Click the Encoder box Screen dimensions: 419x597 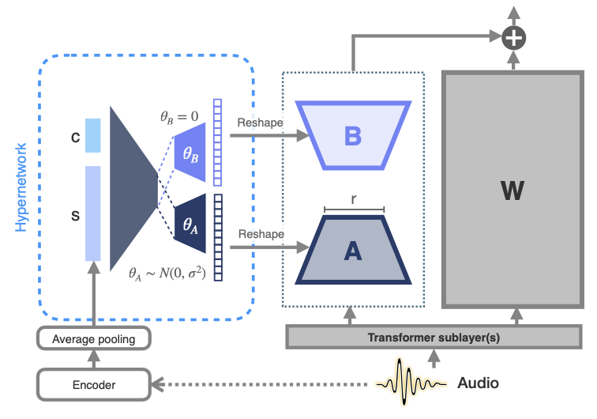94,385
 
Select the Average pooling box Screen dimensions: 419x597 94,340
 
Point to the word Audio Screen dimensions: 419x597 479,383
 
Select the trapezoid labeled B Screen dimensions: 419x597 352,135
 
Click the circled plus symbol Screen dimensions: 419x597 515,36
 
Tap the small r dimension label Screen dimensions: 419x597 353,201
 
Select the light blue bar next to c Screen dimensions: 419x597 92,135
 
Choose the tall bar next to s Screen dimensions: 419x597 92,213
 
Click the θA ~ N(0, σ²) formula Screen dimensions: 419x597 167,274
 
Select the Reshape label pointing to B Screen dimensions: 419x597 261,123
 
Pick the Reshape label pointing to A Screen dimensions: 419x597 261,235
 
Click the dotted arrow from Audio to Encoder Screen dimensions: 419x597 261,385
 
